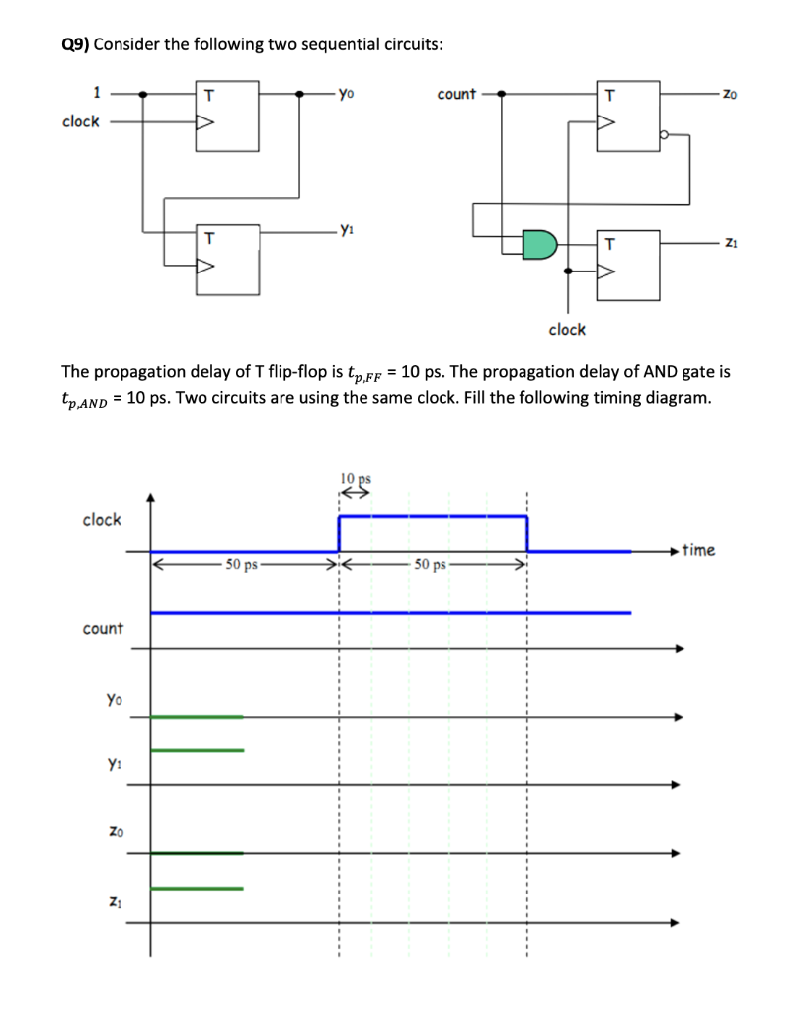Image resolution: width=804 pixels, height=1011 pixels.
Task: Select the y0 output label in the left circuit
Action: (344, 96)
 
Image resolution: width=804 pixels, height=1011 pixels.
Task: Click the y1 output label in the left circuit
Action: (344, 232)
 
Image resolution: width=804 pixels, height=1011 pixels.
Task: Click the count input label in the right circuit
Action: (455, 95)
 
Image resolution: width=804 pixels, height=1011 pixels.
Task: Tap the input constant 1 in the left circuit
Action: (96, 94)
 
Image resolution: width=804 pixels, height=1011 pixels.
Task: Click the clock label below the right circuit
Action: (567, 329)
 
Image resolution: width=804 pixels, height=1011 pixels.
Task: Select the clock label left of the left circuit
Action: (81, 121)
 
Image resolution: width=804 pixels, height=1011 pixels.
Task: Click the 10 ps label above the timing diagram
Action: (352, 480)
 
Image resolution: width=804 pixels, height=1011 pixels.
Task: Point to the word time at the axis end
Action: (698, 550)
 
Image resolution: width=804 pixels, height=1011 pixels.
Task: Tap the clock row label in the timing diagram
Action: (102, 520)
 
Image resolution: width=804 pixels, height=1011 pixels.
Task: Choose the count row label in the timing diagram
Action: (103, 628)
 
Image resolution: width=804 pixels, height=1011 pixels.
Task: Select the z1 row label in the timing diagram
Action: (115, 899)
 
